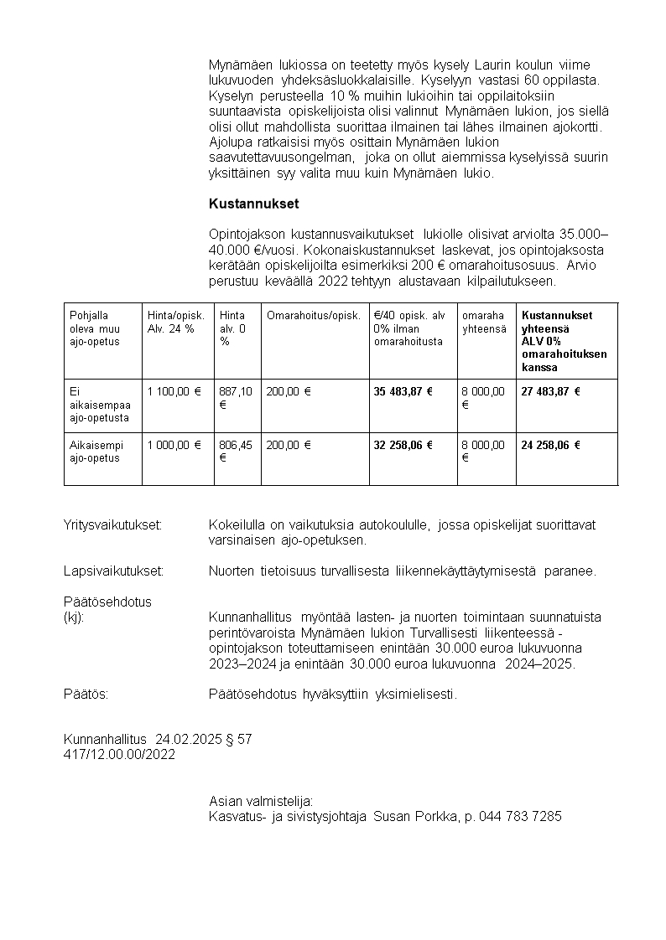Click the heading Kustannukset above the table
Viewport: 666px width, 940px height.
(253, 204)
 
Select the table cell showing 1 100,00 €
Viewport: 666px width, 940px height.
(174, 391)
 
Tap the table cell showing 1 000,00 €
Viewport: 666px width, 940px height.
(174, 445)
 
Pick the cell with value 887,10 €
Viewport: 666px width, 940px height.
(236, 398)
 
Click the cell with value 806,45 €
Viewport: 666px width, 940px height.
(236, 452)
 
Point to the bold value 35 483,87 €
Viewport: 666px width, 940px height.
(403, 391)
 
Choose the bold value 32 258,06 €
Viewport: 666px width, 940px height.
(403, 445)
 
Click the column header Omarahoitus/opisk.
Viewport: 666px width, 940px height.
(313, 316)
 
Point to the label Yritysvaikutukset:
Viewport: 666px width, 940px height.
(112, 525)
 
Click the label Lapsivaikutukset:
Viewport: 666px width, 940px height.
(113, 571)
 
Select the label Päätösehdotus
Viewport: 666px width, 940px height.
(107, 602)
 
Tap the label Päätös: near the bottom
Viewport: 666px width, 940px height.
(86, 695)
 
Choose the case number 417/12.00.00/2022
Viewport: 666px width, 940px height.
(119, 754)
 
